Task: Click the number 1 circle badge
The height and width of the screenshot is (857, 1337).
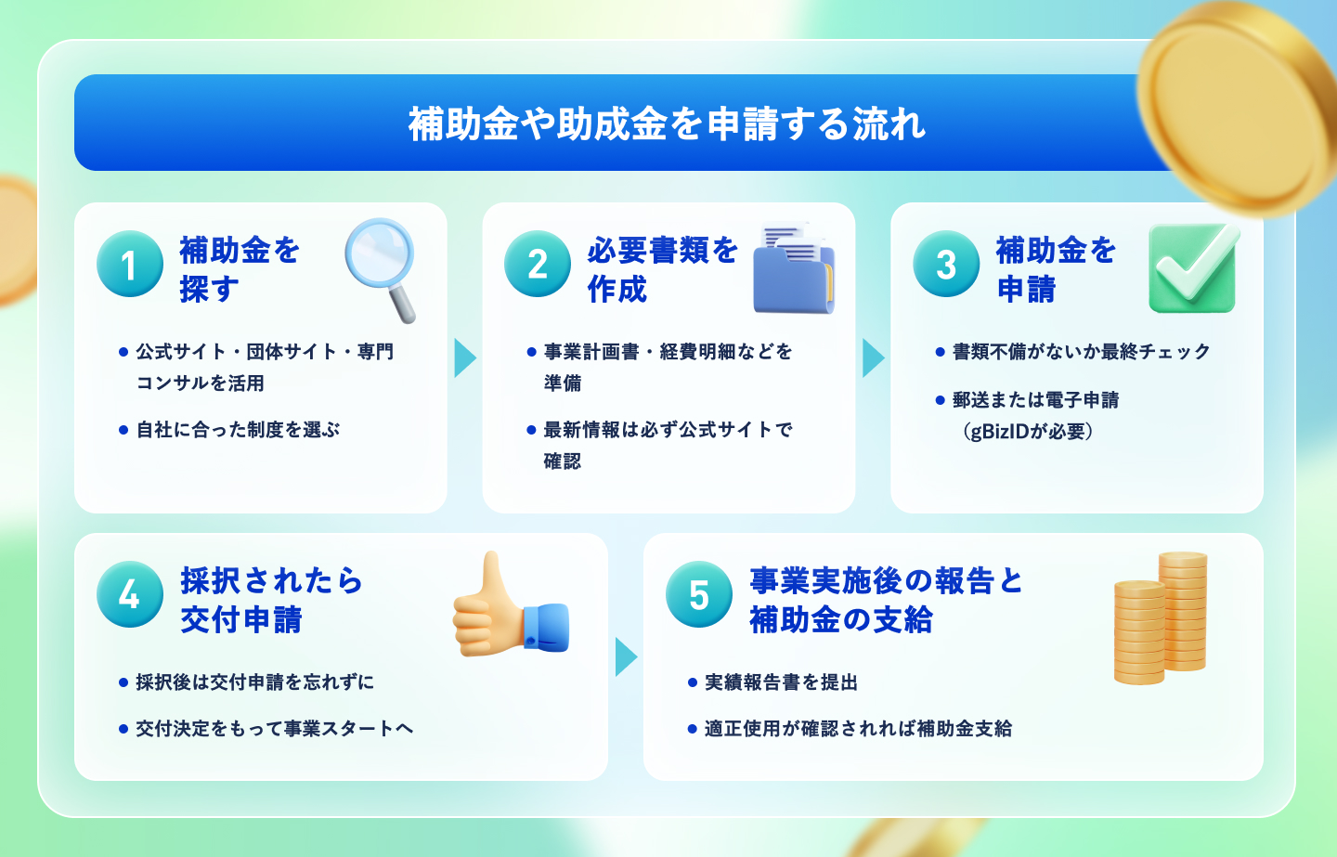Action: point(130,264)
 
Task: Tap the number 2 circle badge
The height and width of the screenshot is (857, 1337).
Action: point(538,264)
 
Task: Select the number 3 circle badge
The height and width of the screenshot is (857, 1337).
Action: point(946,264)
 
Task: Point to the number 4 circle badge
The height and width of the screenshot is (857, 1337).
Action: point(130,594)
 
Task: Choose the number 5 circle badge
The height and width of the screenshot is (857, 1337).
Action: point(699,594)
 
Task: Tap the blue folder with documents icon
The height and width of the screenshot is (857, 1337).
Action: point(794,268)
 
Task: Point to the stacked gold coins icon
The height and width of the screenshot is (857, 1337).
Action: point(1160,617)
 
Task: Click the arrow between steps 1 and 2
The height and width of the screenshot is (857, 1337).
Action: point(465,358)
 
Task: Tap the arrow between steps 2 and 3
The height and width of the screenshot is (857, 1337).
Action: point(873,358)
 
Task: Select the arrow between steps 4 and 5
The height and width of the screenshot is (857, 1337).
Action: point(626,657)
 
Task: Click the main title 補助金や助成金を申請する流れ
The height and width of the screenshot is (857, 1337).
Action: point(667,124)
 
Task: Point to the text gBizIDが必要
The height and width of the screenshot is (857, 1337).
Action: point(1028,431)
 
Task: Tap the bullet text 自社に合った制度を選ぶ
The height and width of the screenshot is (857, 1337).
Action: point(238,430)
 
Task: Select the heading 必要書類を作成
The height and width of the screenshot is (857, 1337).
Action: point(663,269)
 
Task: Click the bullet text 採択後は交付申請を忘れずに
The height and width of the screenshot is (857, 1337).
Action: point(254,682)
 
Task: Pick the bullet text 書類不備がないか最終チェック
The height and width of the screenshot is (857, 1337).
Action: point(1082,352)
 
